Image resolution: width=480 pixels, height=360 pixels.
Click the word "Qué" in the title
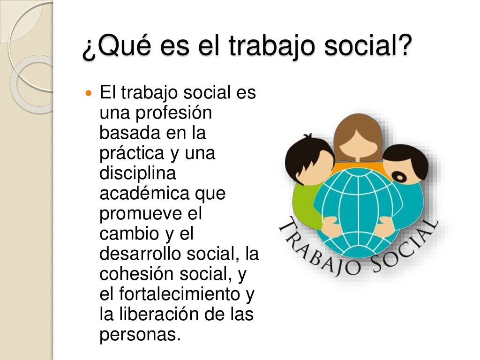[x=115, y=48]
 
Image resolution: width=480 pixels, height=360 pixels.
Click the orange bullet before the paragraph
[x=90, y=93]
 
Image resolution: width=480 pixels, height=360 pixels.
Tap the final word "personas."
[x=140, y=335]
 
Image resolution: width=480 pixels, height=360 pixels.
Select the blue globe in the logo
[x=359, y=206]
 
